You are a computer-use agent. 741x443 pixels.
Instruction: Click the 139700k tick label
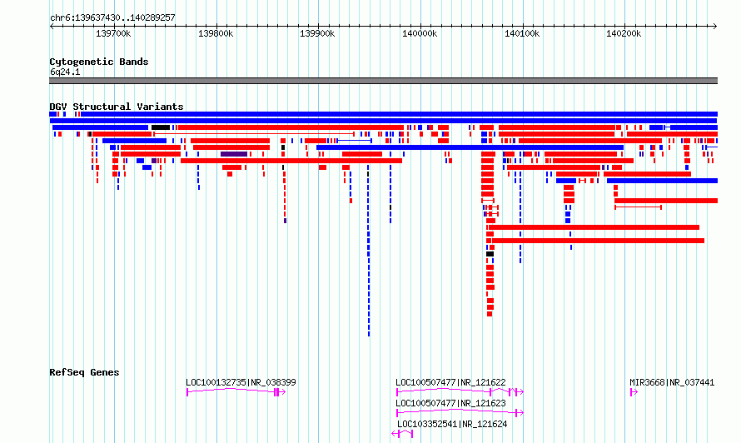(x=113, y=33)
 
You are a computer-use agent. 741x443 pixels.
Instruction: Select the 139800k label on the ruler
(x=216, y=33)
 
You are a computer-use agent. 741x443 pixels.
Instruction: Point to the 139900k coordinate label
(x=317, y=33)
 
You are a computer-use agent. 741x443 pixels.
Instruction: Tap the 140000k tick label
(x=420, y=33)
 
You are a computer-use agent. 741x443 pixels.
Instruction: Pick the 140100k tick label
(x=522, y=33)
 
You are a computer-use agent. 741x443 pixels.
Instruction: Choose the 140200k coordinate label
(x=624, y=33)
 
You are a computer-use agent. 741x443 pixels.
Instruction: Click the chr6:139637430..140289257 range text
(x=112, y=17)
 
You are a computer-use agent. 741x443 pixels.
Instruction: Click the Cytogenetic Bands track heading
(x=99, y=62)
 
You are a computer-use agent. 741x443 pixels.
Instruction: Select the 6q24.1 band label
(x=65, y=72)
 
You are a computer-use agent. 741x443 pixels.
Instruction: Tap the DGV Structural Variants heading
(x=117, y=107)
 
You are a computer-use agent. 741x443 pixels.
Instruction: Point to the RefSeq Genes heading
(x=84, y=372)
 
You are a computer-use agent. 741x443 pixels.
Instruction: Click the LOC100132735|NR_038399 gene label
(x=241, y=382)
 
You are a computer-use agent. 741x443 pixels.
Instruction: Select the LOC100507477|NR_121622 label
(x=450, y=382)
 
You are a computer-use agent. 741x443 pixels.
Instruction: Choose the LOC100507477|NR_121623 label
(x=450, y=403)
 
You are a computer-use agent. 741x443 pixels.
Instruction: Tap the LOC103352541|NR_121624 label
(x=452, y=424)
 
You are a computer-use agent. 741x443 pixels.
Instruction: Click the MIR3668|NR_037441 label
(x=672, y=382)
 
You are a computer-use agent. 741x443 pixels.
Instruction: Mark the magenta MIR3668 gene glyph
(x=634, y=392)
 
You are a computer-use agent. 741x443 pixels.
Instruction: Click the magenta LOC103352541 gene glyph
(x=402, y=434)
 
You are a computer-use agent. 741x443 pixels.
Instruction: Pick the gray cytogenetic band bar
(x=383, y=81)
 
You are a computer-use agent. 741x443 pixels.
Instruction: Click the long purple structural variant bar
(x=234, y=154)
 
